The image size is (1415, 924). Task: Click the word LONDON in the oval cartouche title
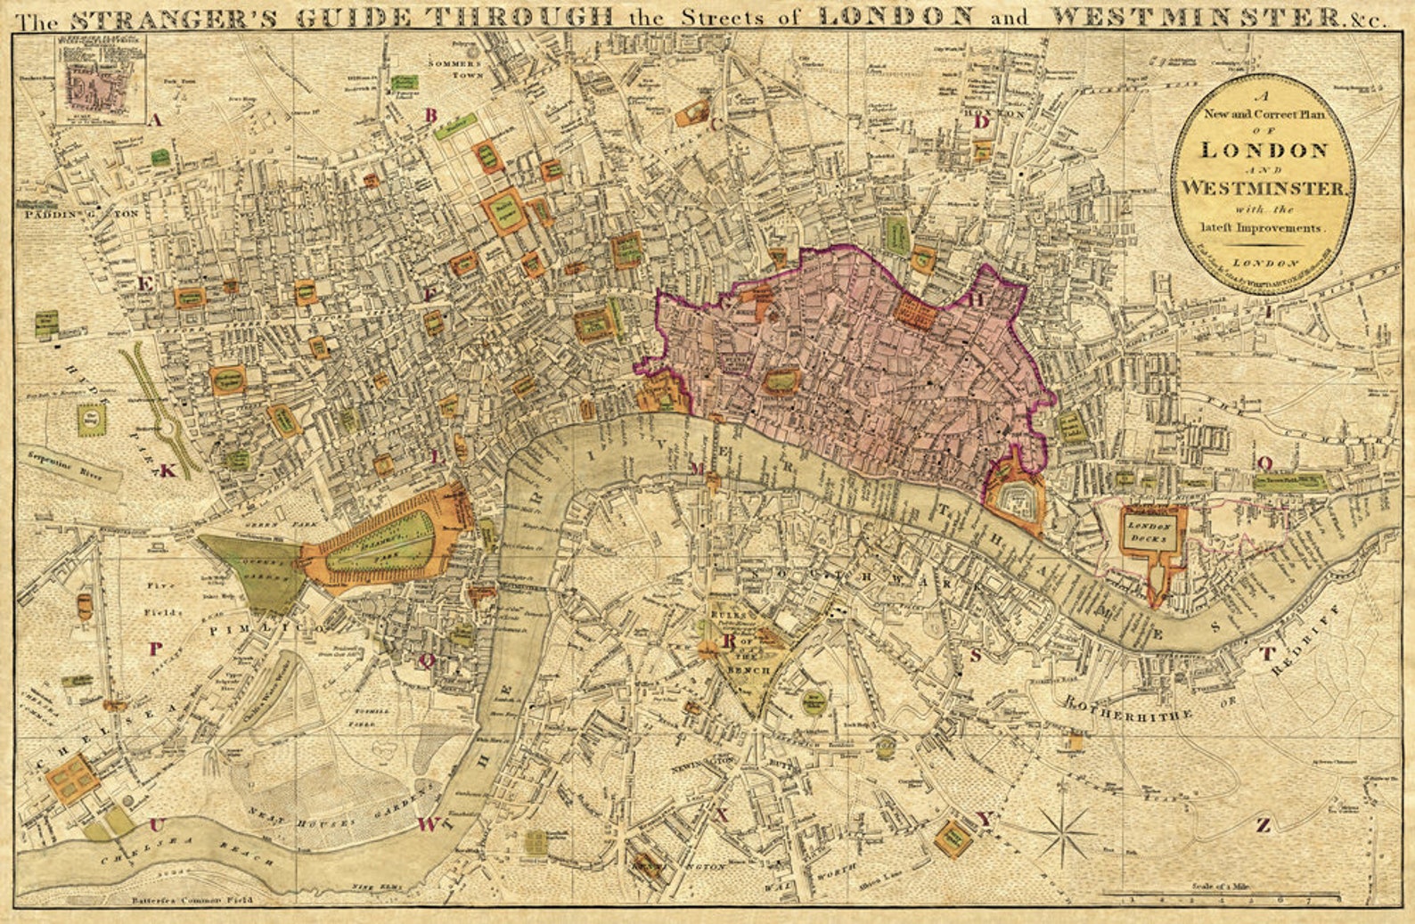point(1264,150)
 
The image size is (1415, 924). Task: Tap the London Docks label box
point(1153,532)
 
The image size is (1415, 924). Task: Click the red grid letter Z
point(1263,825)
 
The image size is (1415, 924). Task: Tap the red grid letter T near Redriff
point(1266,654)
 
